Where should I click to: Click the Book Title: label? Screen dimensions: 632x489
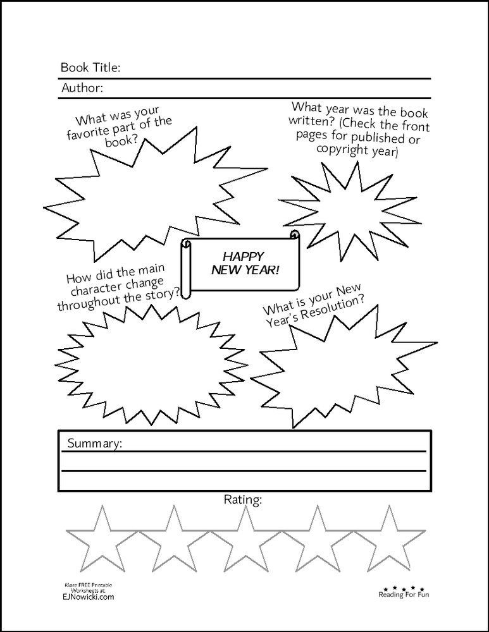90,68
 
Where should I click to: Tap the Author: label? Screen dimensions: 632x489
82,88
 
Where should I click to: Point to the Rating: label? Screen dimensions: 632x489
243,500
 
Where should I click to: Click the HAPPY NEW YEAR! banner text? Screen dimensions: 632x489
242,264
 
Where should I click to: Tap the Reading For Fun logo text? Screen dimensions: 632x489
404,594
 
